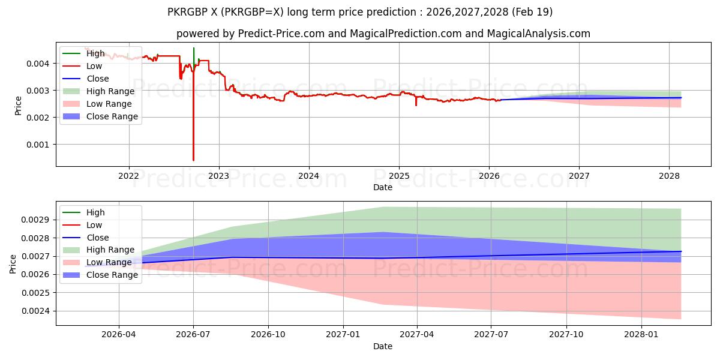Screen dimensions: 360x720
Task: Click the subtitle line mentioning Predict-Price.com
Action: (383, 34)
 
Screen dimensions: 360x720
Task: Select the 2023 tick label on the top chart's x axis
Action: (218, 175)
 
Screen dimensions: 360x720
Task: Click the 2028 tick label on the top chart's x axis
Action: (669, 175)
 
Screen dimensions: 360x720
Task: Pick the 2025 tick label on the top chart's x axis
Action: (399, 175)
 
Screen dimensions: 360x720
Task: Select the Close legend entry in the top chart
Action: (98, 79)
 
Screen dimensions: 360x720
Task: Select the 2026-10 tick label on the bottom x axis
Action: (268, 334)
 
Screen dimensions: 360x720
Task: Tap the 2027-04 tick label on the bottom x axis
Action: (417, 334)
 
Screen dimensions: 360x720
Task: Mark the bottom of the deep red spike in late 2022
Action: (193, 160)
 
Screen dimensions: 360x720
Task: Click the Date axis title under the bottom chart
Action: (383, 346)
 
